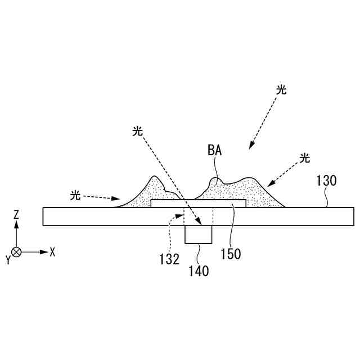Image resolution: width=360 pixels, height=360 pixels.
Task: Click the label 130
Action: (326, 181)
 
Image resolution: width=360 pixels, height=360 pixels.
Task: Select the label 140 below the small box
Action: (199, 272)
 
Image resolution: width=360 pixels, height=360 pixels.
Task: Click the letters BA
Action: (214, 150)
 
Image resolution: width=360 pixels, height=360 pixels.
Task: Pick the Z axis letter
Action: (17, 214)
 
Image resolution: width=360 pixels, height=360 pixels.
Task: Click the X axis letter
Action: (52, 252)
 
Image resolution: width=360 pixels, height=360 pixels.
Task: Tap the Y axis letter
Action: (7, 259)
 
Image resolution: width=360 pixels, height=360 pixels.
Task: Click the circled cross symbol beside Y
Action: (17, 252)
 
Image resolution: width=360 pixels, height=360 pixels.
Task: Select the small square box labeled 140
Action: (199, 235)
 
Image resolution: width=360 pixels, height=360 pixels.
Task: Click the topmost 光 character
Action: (282, 89)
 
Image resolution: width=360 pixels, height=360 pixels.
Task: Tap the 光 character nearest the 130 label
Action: (305, 158)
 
